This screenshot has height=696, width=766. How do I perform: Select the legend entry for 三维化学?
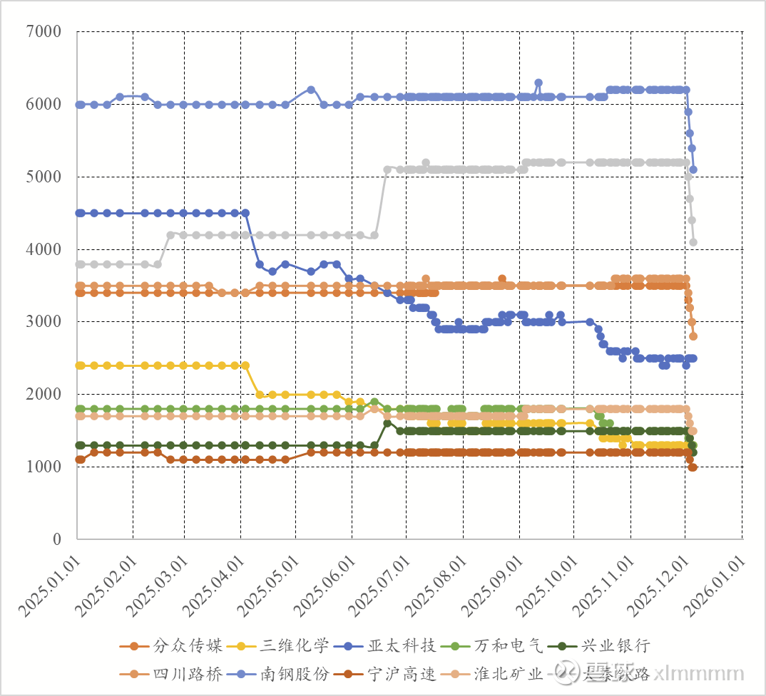point(294,646)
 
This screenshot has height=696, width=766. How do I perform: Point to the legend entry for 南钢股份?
point(294,674)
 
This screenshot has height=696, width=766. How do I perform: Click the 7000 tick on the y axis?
point(44,32)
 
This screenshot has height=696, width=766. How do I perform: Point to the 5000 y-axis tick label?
point(44,177)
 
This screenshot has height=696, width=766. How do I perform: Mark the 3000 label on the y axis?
point(44,322)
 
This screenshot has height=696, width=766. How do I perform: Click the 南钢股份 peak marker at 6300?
point(538,83)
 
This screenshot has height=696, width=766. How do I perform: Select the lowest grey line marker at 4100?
point(693,242)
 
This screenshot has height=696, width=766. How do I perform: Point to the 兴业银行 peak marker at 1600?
point(387,423)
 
